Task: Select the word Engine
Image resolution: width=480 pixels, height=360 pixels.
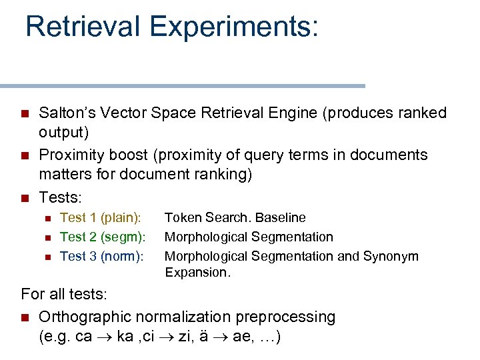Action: tap(287, 113)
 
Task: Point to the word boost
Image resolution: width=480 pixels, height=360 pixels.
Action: tap(128, 155)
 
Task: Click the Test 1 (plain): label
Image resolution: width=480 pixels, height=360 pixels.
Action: tap(101, 217)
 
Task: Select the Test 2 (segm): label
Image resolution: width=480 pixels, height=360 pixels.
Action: tap(103, 237)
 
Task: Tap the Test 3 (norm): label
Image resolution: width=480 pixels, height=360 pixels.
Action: tap(102, 256)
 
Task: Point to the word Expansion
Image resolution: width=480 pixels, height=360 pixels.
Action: tap(197, 272)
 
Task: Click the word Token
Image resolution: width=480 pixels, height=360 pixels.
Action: tap(181, 217)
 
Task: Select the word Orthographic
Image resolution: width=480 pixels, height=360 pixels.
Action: tap(83, 317)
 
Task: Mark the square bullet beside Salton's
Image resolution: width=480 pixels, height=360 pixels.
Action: tap(26, 113)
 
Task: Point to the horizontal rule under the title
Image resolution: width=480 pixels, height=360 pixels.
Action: tap(183, 86)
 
